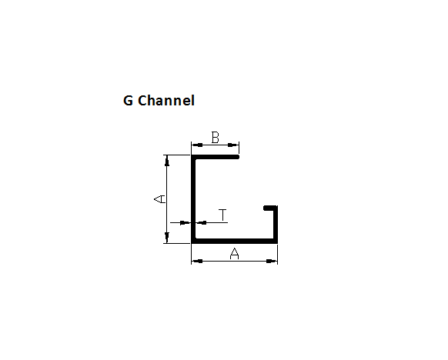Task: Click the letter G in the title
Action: click(x=128, y=101)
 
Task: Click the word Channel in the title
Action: click(x=166, y=100)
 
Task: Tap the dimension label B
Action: click(x=215, y=138)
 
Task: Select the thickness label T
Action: click(x=223, y=215)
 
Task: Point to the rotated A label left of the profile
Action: click(x=159, y=199)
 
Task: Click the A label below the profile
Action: click(x=234, y=254)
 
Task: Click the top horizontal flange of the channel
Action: click(x=215, y=157)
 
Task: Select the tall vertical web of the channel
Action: click(x=193, y=199)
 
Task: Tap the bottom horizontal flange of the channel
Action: click(x=234, y=242)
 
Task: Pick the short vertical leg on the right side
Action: click(x=276, y=225)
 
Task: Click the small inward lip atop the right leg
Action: click(x=270, y=208)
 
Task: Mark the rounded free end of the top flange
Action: click(x=238, y=157)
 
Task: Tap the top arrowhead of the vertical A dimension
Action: click(x=167, y=161)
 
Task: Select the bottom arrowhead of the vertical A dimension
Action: click(x=167, y=238)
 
